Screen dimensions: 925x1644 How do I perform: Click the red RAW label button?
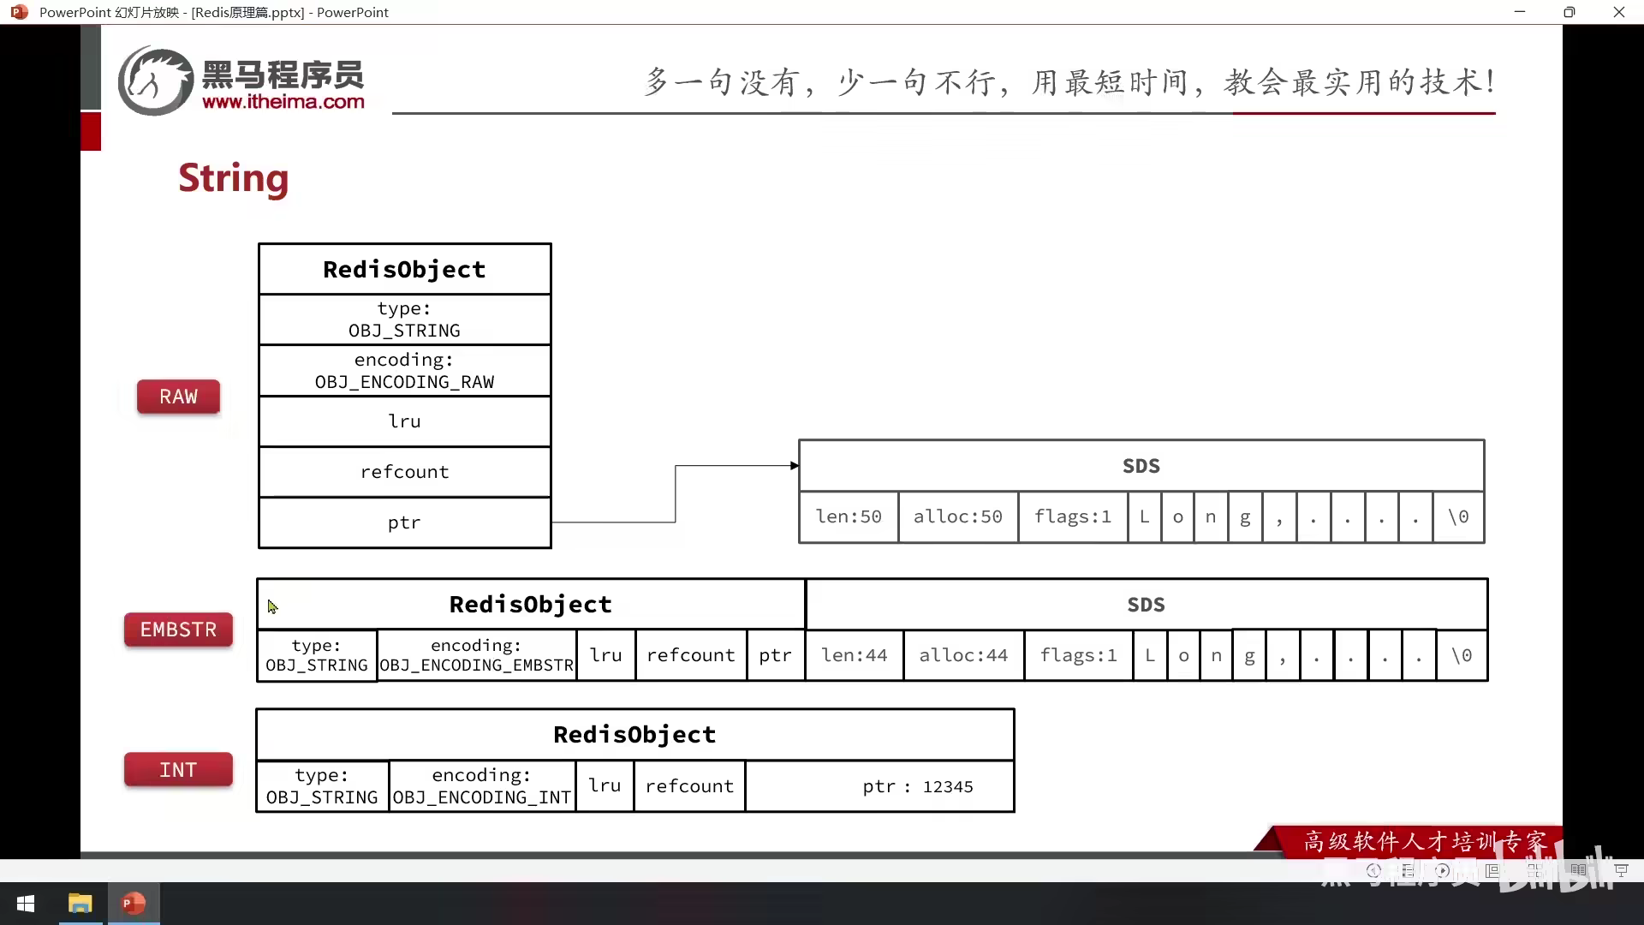pyautogui.click(x=178, y=397)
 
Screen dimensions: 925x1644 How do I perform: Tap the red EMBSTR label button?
pyautogui.click(x=178, y=630)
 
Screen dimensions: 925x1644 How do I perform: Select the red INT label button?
pyautogui.click(x=178, y=770)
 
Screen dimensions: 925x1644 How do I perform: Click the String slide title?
pyautogui.click(x=233, y=178)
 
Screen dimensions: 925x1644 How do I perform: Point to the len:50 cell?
pyautogui.click(x=849, y=516)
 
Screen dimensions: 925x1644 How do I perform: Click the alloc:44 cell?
pyautogui.click(x=963, y=655)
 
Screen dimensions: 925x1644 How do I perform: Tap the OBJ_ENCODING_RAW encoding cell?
pyautogui.click(x=404, y=371)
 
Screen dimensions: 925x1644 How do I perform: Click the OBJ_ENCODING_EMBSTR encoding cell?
pyautogui.click(x=477, y=655)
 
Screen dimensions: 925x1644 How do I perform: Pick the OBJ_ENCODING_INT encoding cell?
pyautogui.click(x=482, y=786)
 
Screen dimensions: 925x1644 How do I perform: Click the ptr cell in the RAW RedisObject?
pyautogui.click(x=404, y=522)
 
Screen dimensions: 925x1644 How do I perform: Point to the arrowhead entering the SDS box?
pyautogui.click(x=795, y=466)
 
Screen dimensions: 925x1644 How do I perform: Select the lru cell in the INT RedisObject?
pyautogui.click(x=605, y=785)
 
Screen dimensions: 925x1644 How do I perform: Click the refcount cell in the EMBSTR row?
pyautogui.click(x=690, y=655)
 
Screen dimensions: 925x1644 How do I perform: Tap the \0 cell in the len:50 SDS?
pyautogui.click(x=1458, y=516)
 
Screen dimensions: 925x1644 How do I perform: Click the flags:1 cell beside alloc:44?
pyautogui.click(x=1078, y=655)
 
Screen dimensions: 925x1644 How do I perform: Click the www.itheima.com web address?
pyautogui.click(x=283, y=102)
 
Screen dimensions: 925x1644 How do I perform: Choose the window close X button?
pyautogui.click(x=1618, y=12)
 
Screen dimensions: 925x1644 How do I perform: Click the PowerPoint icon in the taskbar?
pyautogui.click(x=134, y=904)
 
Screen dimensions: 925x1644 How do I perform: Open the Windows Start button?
pyautogui.click(x=26, y=904)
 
